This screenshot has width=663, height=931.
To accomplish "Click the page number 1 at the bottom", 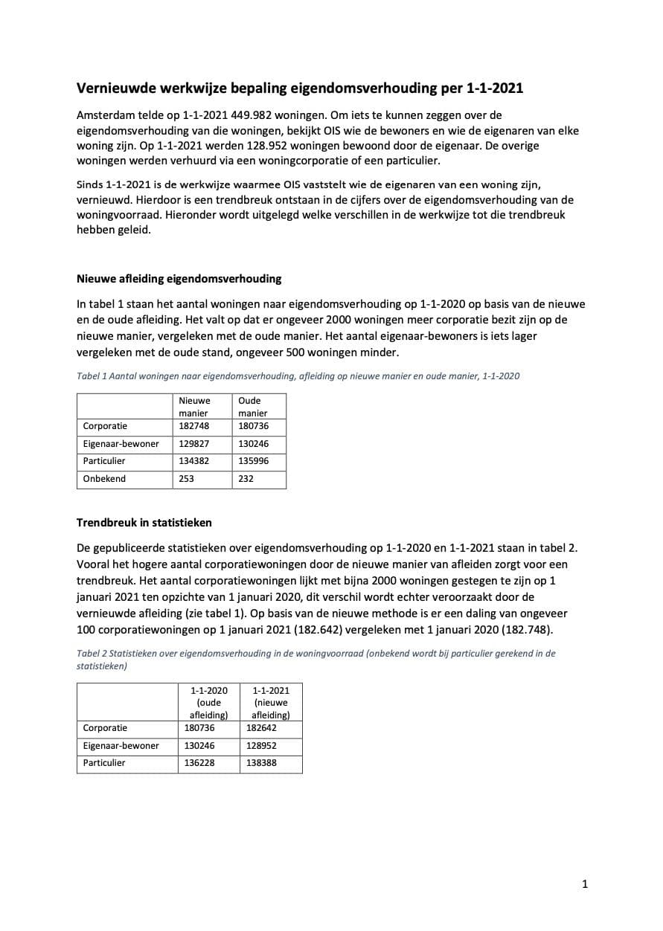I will click(x=585, y=884).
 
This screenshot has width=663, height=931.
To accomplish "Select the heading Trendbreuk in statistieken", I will click(x=144, y=523).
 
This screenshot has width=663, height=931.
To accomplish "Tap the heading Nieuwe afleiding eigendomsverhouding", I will click(x=179, y=279).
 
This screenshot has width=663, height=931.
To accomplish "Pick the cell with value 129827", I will click(x=193, y=444).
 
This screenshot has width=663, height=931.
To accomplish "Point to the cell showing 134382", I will click(x=193, y=461).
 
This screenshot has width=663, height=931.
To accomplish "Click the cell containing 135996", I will click(x=253, y=461).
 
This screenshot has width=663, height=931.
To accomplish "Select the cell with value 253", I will click(x=186, y=479).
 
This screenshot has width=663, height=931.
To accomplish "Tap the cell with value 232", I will click(x=246, y=479).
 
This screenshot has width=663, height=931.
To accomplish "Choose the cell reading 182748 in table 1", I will click(x=193, y=426).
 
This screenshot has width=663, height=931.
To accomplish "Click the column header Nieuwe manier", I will click(x=194, y=407).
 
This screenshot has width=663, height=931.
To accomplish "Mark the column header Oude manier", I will click(x=252, y=407).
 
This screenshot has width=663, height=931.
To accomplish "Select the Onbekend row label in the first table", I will click(x=104, y=479).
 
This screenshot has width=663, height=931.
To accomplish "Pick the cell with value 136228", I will click(x=199, y=763).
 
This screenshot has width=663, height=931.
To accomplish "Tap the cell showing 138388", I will click(x=261, y=763).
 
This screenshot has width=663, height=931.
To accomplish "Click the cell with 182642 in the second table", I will click(x=261, y=728).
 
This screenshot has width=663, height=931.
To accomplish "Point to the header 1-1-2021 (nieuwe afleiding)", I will click(x=270, y=703).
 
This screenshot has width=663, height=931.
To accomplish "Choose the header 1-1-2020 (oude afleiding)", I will click(x=208, y=703).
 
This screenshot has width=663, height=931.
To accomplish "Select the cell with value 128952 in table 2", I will click(x=261, y=745).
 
